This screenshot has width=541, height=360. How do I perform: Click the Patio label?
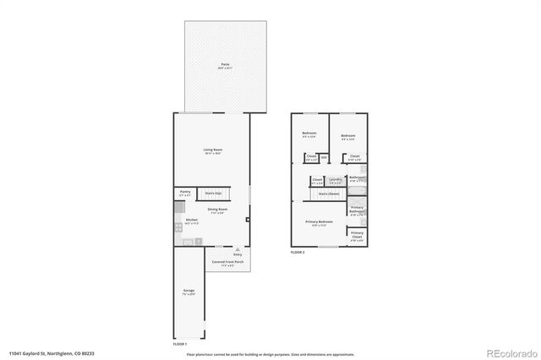[225, 64]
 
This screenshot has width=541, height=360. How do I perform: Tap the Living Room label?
[212, 150]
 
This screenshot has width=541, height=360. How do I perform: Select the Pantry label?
[185, 193]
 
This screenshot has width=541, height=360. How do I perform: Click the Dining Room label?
[216, 210]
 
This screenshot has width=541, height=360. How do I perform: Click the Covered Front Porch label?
[228, 262]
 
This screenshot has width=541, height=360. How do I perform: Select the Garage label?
[189, 291]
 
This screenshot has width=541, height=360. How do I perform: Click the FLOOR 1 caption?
[179, 345]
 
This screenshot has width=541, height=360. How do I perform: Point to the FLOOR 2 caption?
[297, 253]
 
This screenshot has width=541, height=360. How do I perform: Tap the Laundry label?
[336, 179]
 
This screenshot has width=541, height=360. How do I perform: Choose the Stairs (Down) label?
[329, 194]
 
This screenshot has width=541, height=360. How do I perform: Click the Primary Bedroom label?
[320, 221]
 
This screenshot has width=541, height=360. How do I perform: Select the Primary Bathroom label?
[358, 210]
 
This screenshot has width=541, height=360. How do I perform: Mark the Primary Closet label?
[358, 234]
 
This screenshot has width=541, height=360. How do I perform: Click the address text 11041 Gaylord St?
[30, 353]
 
